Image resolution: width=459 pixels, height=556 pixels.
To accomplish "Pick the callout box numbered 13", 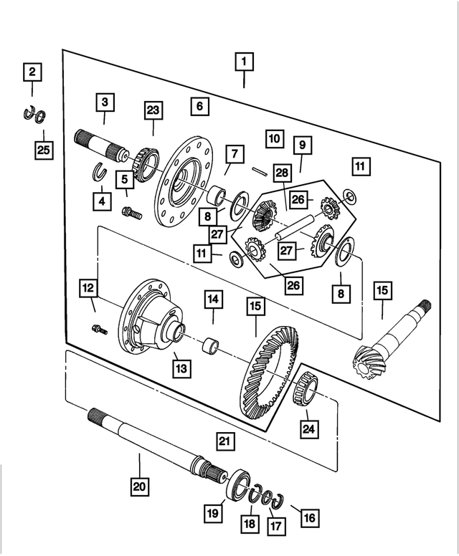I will pyautogui.click(x=181, y=368).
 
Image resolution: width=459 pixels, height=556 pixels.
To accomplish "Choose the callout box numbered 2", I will pyautogui.click(x=32, y=72).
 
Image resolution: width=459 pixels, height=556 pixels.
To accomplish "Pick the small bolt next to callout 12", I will pyautogui.click(x=99, y=330).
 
